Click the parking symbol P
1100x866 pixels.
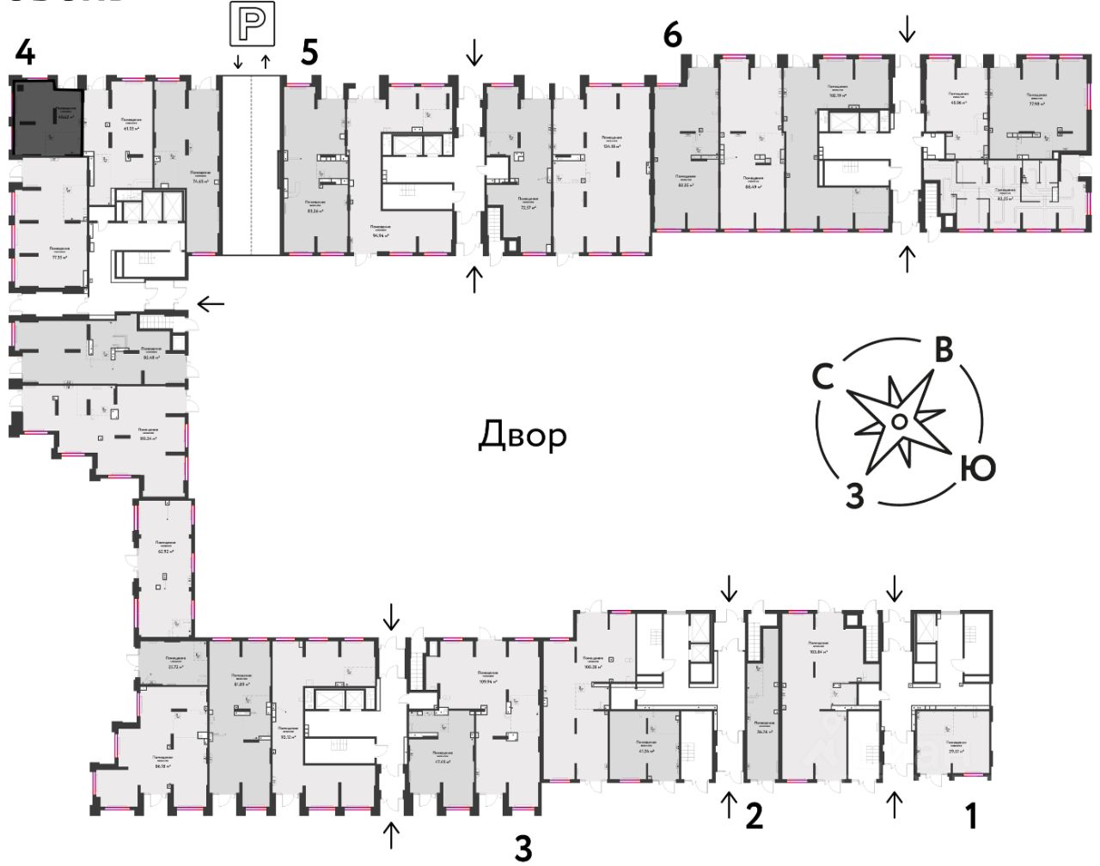(251, 23)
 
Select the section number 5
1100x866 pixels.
(309, 52)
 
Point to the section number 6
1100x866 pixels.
(672, 35)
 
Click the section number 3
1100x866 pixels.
(522, 848)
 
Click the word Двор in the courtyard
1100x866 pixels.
(522, 436)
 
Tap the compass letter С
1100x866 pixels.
(824, 377)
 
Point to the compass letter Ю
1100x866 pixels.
(977, 468)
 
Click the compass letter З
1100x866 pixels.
(854, 496)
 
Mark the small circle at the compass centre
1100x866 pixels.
(896, 421)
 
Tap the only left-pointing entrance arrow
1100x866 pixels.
(211, 303)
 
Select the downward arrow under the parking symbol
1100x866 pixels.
(238, 62)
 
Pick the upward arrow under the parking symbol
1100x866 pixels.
(266, 62)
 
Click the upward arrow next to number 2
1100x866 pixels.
(728, 805)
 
